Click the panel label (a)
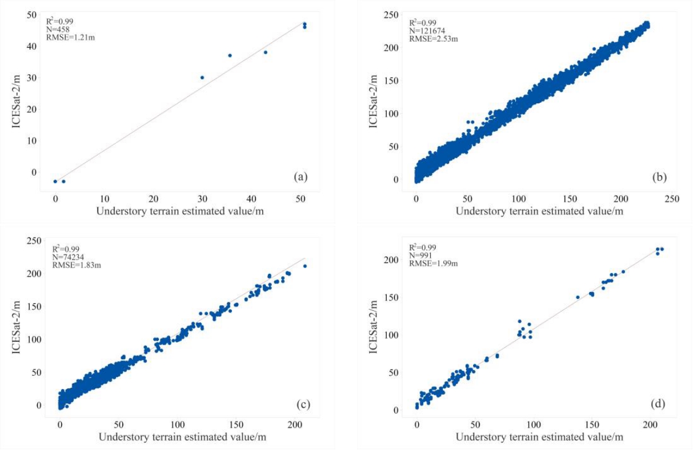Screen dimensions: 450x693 coord(301,177)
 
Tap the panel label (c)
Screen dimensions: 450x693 coord(303,405)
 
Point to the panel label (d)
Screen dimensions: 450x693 coord(658,404)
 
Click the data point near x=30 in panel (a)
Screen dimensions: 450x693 coord(202,78)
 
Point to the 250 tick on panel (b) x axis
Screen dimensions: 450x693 coord(672,199)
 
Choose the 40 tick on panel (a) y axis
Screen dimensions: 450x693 coord(36,46)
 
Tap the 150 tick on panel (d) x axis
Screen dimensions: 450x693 coord(591,426)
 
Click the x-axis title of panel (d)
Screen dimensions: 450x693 coord(539,437)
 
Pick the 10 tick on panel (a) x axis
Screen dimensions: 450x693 coord(105,198)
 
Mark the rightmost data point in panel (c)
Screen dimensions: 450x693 coord(305,266)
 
